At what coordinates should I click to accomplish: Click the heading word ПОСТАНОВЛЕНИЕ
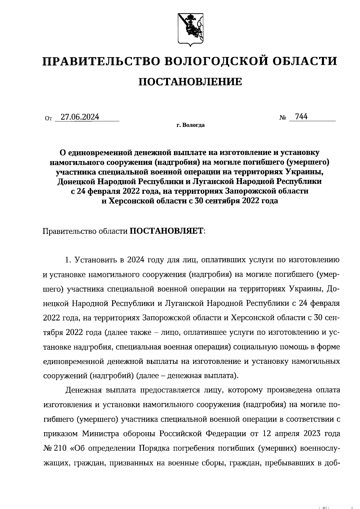[x=190, y=82]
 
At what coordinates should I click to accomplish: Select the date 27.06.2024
[x=80, y=117]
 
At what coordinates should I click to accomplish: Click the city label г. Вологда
[x=190, y=125]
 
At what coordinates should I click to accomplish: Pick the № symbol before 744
[x=283, y=118]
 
